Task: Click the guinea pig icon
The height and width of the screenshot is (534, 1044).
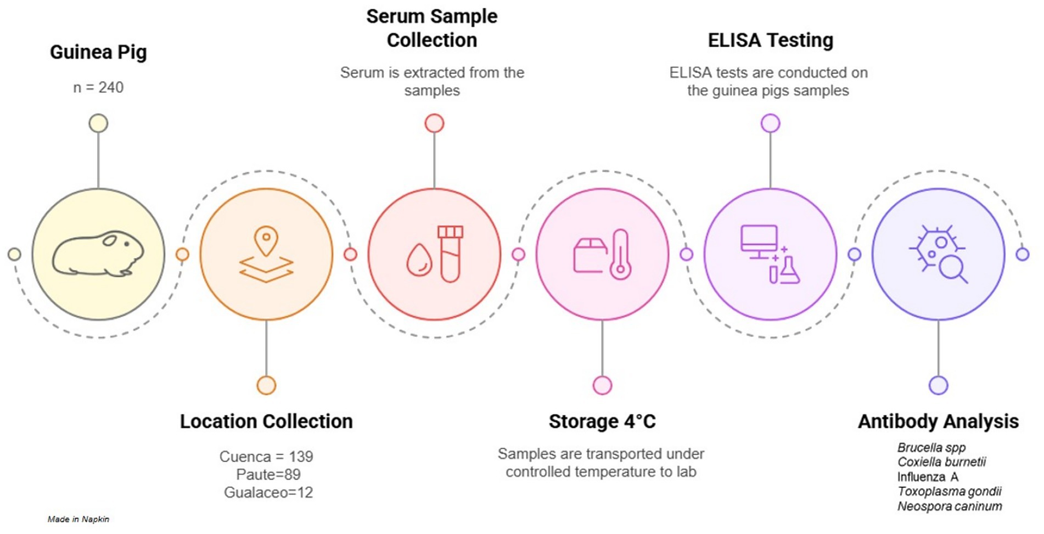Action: point(98,254)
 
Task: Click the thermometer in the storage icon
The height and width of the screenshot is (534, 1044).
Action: point(620,255)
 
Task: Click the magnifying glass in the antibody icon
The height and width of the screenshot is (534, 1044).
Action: point(951,269)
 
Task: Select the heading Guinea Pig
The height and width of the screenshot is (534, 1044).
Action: point(98,52)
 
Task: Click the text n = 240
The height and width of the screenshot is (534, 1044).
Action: point(98,87)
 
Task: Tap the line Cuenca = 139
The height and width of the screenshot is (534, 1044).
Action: point(266,457)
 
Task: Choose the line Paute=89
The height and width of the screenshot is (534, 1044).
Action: point(268,474)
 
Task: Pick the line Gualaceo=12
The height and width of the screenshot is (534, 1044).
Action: point(268,492)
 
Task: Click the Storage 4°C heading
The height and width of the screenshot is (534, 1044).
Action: point(602,421)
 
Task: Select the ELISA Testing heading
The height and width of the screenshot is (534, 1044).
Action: point(770,40)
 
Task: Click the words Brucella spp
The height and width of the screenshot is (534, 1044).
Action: point(931,447)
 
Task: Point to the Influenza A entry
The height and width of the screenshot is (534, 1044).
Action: point(928,477)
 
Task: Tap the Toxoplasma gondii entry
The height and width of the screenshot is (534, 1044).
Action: point(950,491)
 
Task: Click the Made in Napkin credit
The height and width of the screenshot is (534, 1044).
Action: point(78,519)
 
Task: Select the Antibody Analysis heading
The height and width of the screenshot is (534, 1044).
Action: point(938,421)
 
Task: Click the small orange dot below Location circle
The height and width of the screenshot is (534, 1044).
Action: point(266,385)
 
